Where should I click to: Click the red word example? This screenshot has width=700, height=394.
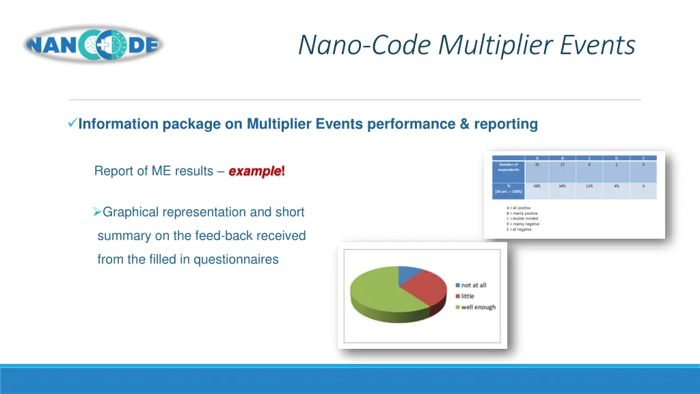coord(256,171)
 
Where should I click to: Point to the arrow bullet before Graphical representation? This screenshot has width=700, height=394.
coord(97,212)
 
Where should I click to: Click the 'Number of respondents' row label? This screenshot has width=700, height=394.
coord(508,167)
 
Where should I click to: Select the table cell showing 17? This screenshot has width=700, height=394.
coord(561,165)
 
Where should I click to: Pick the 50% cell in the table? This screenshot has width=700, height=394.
coord(537,186)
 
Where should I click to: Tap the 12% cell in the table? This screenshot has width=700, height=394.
coord(589,186)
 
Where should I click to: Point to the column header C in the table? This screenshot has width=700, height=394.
coord(589,158)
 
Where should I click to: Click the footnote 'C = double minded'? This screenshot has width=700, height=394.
coord(522,218)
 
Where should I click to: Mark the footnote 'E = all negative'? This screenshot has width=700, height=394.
coord(519,229)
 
